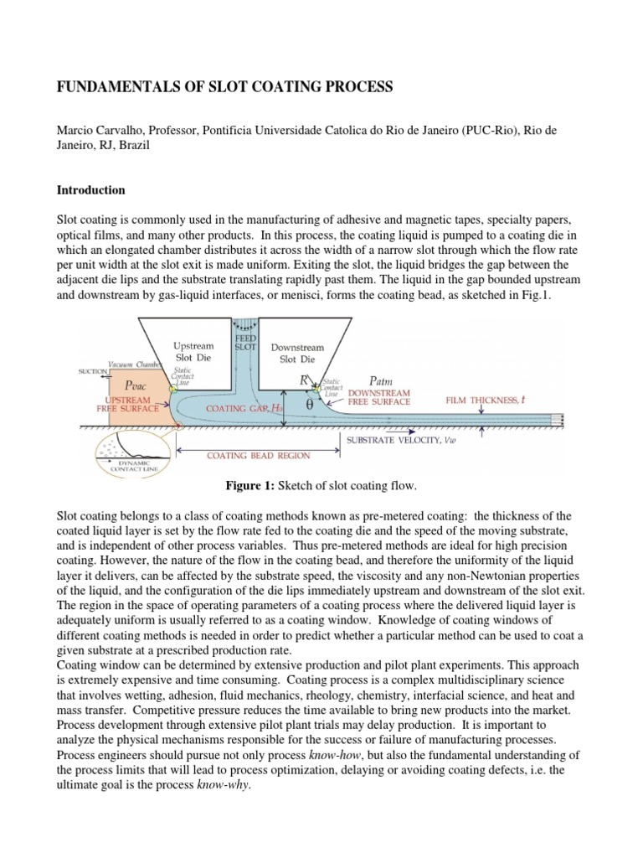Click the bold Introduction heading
tap(90, 190)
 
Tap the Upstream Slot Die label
tap(193, 352)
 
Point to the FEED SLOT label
tap(244, 341)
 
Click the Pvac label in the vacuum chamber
tap(136, 386)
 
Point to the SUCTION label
tap(92, 370)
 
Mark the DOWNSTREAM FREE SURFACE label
tap(378, 396)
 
